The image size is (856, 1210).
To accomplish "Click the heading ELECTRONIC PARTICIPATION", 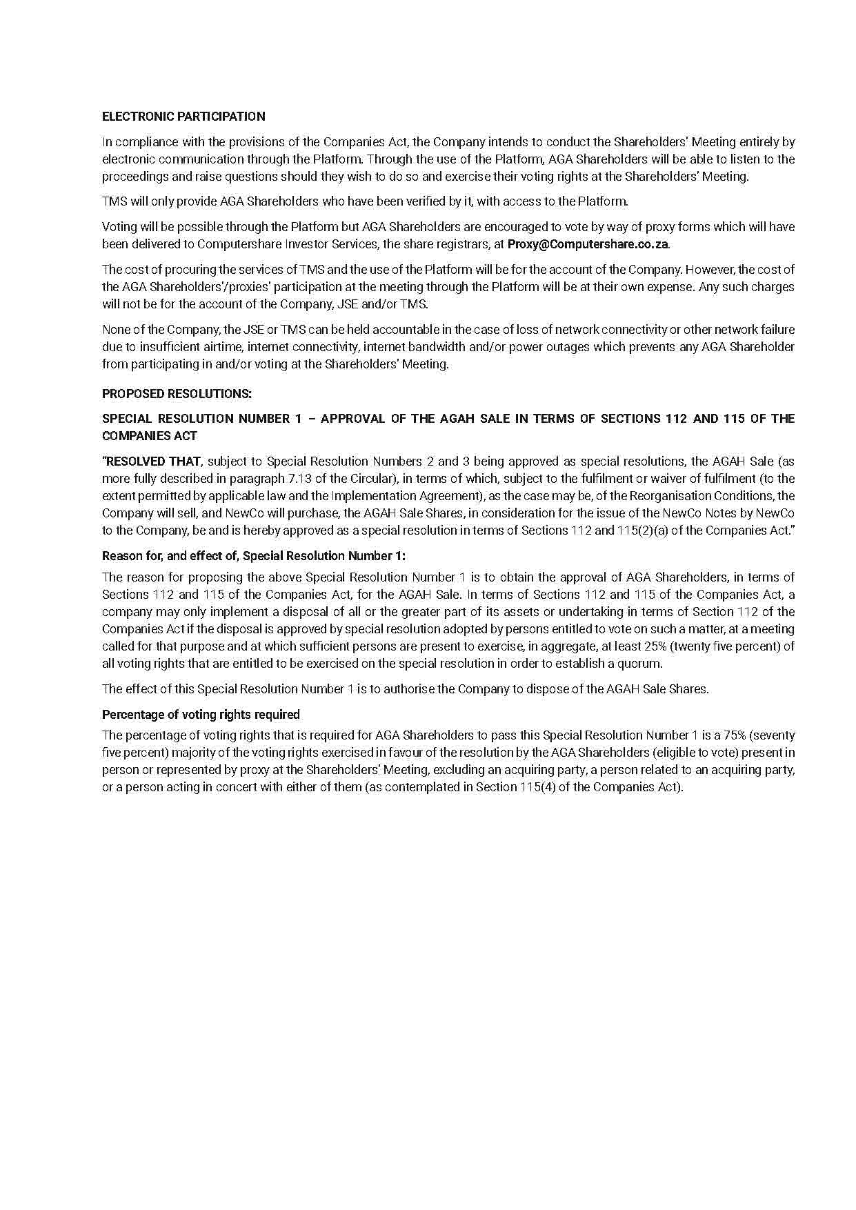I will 183,117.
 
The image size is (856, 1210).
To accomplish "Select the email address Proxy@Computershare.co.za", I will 588,244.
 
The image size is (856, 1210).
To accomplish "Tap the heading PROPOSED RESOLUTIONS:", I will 177,394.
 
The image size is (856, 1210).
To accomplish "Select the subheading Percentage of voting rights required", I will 201,715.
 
